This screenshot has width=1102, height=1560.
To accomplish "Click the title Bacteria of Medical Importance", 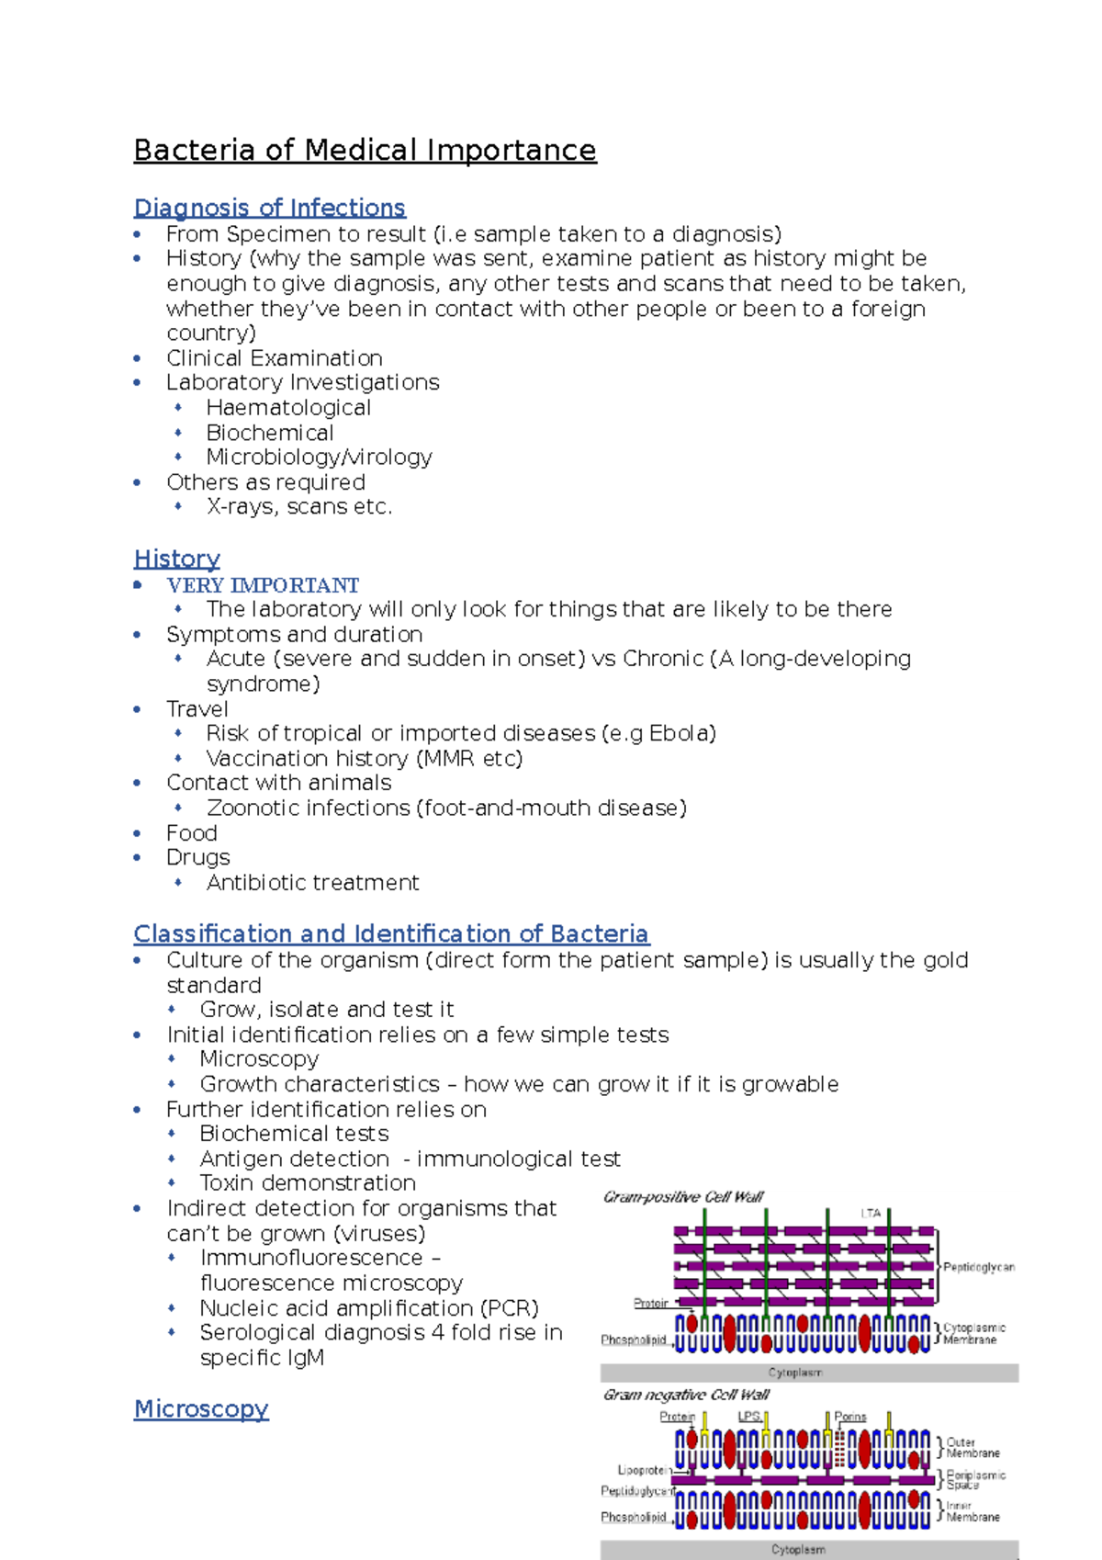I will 365,150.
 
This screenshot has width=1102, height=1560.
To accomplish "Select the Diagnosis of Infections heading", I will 269,208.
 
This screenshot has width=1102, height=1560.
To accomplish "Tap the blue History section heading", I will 176,559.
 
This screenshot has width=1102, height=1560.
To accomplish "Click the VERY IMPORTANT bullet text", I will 262,585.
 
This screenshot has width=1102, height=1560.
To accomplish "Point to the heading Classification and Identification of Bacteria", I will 390,933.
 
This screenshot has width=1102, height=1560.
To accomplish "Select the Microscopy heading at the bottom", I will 201,1408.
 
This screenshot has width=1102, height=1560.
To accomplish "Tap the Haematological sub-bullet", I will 288,408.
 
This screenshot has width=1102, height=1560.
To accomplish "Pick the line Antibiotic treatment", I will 312,883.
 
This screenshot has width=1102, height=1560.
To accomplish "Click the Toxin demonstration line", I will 308,1183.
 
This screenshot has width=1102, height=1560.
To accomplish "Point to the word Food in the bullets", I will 191,833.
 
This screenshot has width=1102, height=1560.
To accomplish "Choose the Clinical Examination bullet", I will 274,358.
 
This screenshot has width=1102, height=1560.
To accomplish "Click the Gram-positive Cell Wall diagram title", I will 683,1197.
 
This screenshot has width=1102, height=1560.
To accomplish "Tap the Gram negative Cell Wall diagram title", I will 686,1395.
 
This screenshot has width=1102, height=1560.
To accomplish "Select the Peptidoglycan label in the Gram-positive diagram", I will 979,1267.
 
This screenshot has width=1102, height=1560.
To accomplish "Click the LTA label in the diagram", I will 871,1213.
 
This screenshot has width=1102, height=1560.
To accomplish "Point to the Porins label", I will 850,1417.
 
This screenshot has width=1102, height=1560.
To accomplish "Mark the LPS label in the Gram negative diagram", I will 748,1417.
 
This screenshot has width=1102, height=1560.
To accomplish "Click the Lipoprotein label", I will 642,1470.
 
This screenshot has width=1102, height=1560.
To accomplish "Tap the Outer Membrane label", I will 973,1448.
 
